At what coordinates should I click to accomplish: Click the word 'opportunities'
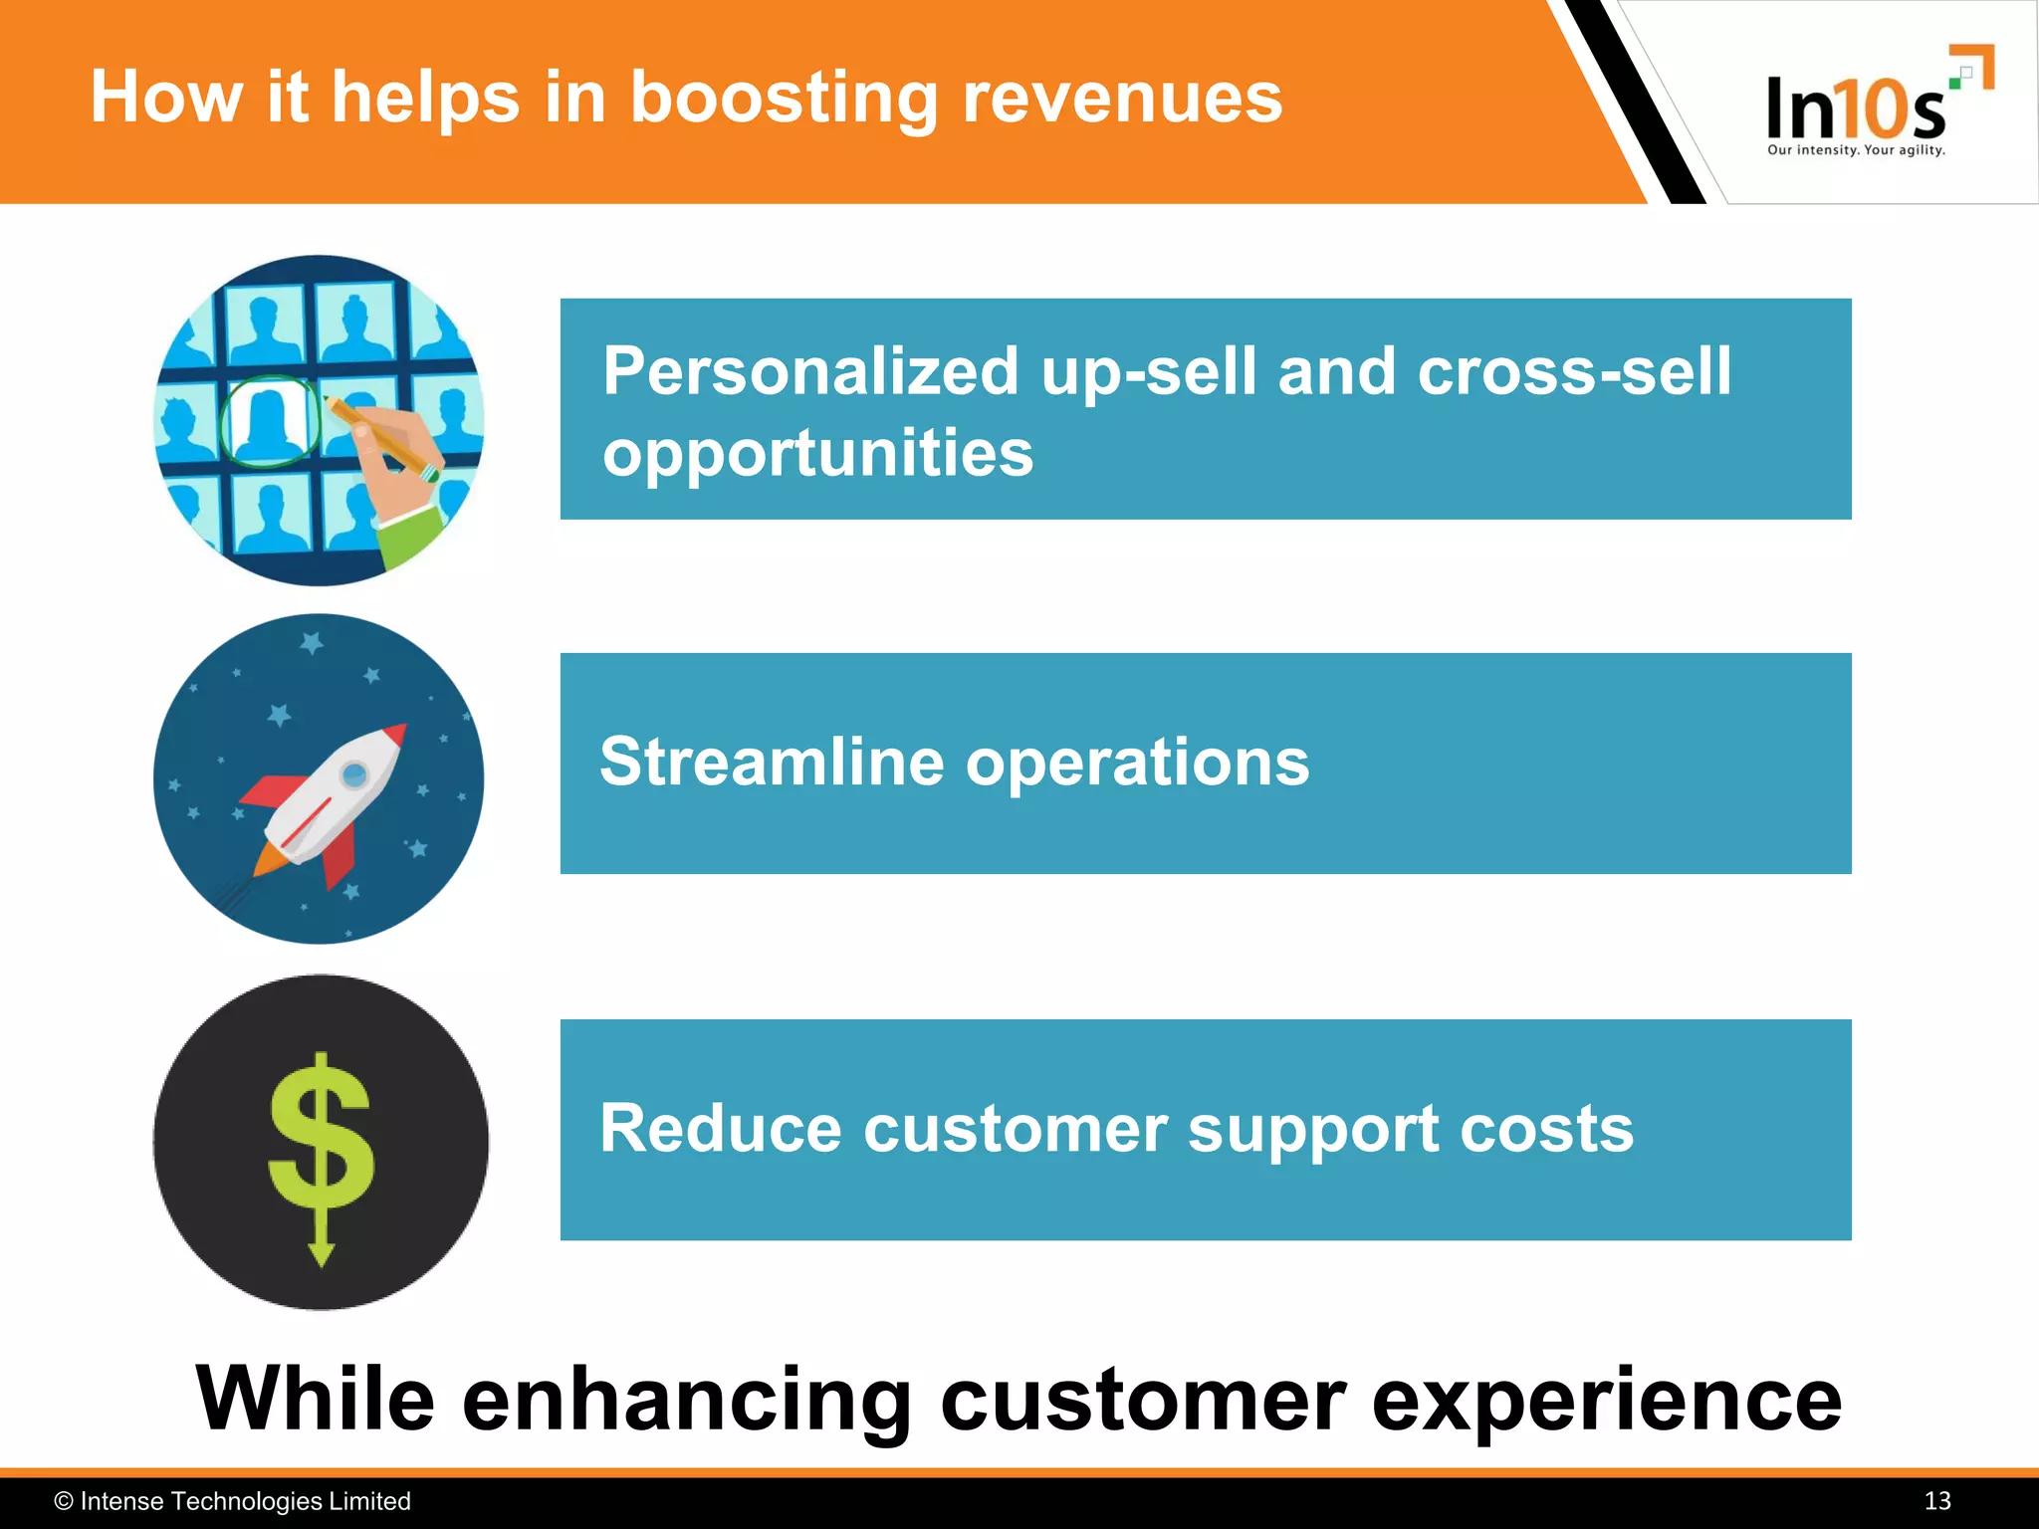817,453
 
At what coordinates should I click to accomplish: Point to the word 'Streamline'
772,763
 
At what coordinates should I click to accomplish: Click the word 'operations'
1137,763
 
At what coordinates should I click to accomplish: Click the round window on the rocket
354,773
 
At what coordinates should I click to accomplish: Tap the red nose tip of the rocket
397,734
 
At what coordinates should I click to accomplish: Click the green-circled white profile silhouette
269,420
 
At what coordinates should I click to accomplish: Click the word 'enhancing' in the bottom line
686,1400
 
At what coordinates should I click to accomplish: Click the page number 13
1936,1501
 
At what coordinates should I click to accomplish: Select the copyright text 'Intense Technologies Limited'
244,1501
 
